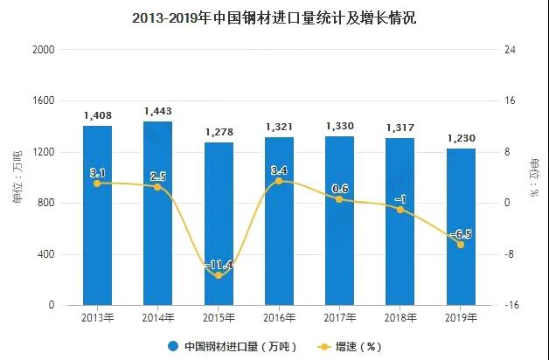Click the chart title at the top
(x=274, y=17)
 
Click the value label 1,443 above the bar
(x=157, y=112)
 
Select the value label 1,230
(x=461, y=139)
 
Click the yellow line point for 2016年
(x=279, y=181)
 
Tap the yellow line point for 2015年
(x=219, y=275)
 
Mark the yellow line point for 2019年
(x=461, y=245)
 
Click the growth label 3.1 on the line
(x=97, y=173)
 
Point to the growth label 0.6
(x=339, y=189)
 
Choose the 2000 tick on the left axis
(x=44, y=50)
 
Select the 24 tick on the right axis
(x=510, y=50)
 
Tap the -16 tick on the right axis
(x=510, y=305)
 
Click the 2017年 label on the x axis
(x=339, y=317)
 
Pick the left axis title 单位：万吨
(x=16, y=178)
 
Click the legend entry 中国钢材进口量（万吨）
(x=233, y=346)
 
